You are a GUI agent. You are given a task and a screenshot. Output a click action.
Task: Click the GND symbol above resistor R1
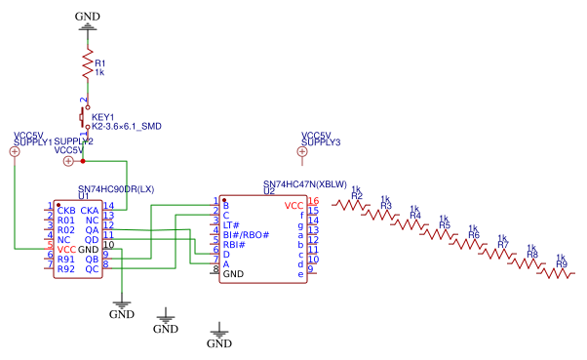(x=88, y=26)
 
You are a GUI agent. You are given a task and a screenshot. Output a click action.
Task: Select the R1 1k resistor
(x=87, y=67)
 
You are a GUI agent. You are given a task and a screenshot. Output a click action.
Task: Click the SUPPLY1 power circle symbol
(x=15, y=151)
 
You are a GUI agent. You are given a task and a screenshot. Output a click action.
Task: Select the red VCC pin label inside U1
(x=66, y=249)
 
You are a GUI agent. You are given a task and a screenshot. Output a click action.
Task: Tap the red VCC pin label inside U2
(x=293, y=206)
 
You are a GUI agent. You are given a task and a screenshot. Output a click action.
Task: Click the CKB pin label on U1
(x=66, y=210)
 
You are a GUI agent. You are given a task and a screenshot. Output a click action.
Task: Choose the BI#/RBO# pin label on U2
(x=246, y=235)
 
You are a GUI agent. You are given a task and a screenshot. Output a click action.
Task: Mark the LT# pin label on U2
(x=231, y=225)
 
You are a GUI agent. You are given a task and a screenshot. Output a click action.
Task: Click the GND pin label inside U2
(x=233, y=274)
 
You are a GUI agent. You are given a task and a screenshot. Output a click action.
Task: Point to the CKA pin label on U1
(x=89, y=210)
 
